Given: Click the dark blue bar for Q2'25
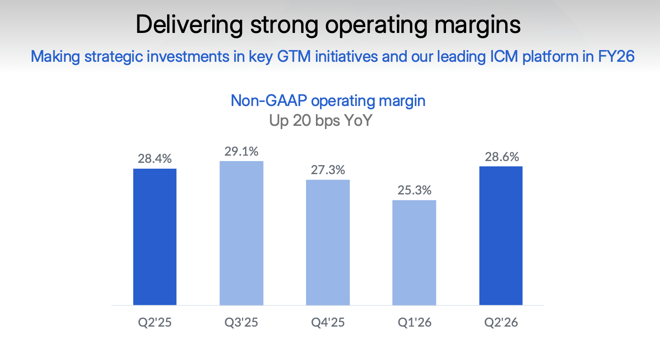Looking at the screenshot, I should [155, 237].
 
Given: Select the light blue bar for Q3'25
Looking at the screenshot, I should [242, 233].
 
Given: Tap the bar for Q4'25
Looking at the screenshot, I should [328, 242].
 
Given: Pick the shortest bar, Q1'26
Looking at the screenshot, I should [414, 253].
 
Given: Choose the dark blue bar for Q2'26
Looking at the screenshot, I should [501, 235].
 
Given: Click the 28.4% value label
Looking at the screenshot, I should [155, 159].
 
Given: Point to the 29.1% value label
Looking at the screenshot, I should [242, 151].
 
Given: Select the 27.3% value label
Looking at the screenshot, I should [328, 170].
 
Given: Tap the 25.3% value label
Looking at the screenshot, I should [414, 190].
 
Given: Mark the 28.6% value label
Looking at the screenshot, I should [501, 157].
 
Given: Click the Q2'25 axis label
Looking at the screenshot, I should [155, 323].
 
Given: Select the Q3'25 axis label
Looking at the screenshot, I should [242, 323].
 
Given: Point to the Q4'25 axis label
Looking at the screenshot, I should [328, 323].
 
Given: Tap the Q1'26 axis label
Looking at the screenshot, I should [414, 323].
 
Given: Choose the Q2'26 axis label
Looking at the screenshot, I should [501, 323].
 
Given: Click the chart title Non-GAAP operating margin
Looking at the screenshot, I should [328, 100].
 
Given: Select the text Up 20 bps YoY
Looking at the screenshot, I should [320, 120].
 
